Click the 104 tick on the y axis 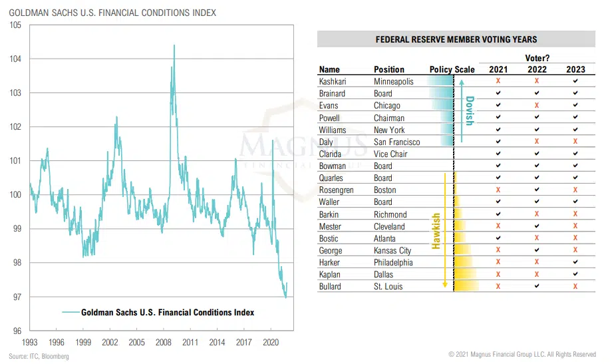point(16,59)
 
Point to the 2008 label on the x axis point(164,343)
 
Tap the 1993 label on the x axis point(29,343)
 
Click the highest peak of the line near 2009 point(174,45)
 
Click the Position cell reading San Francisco point(396,142)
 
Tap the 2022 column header point(537,69)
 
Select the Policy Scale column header point(452,69)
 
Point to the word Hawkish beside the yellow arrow point(436,231)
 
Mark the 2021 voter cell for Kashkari point(498,81)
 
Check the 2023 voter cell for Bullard point(575,287)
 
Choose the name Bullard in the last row point(331,287)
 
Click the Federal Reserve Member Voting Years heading point(456,39)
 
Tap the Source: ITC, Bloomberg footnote point(39,357)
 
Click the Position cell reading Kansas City point(392,251)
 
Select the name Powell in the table point(329,118)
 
